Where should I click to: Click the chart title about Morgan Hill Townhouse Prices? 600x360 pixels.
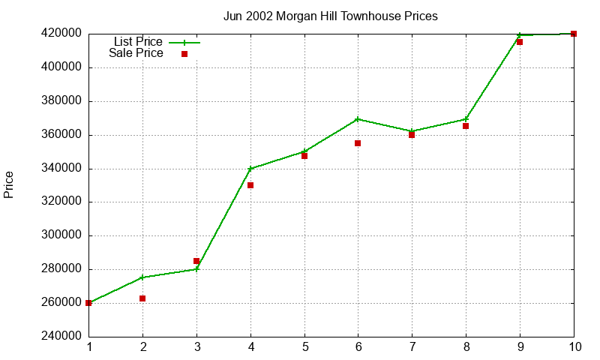331,16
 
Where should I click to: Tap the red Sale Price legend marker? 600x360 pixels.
184,54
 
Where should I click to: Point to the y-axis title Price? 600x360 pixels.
9,184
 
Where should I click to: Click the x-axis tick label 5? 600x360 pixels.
304,347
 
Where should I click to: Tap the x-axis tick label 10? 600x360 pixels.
574,347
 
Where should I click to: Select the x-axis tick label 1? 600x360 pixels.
88,347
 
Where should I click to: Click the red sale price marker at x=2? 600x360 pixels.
142,298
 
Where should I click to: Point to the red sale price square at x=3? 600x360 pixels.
196,261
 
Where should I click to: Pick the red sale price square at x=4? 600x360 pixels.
250,185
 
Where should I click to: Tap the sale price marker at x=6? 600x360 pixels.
358,143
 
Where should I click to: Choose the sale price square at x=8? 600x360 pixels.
466,126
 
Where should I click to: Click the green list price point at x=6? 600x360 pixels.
358,119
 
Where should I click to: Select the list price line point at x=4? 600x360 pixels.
250,169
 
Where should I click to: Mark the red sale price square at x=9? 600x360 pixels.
520,42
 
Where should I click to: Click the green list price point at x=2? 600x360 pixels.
142,277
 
